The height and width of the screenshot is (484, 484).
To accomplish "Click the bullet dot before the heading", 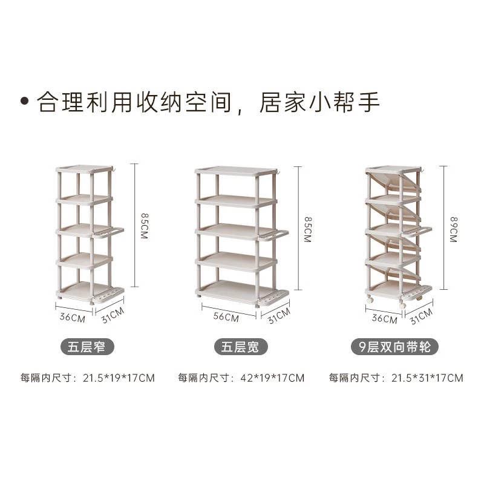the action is pyautogui.click(x=25, y=101).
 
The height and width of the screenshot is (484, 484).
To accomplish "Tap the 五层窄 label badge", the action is pyautogui.click(x=88, y=347).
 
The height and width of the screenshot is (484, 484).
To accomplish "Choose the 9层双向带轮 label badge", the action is pyautogui.click(x=395, y=347).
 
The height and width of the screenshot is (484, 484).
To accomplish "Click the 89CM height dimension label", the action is pyautogui.click(x=453, y=229).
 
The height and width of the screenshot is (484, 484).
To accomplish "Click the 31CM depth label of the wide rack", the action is pyautogui.click(x=279, y=315).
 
